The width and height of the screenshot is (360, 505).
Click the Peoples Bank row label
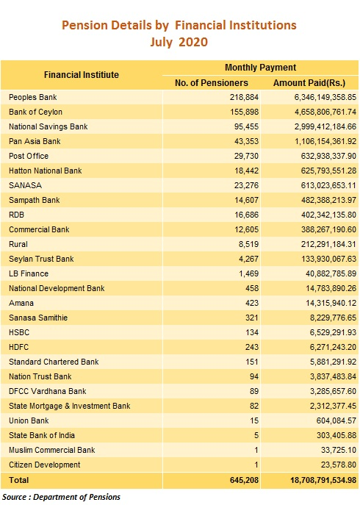click(33, 97)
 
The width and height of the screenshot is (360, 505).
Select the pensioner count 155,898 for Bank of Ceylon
click(244, 112)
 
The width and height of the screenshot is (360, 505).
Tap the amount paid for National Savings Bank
click(325, 126)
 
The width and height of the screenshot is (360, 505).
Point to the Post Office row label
click(29, 156)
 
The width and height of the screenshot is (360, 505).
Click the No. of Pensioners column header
click(212, 83)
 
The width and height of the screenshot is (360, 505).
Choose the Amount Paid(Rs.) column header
click(309, 83)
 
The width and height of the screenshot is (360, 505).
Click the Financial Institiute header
click(82, 75)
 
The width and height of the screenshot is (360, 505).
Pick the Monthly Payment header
click(260, 68)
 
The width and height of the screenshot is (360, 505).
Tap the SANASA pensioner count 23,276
click(246, 185)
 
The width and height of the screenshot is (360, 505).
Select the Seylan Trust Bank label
click(41, 259)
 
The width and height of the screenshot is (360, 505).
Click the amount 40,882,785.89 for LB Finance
click(331, 273)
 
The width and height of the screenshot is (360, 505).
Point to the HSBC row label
click(19, 332)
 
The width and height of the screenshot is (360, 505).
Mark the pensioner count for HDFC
click(252, 347)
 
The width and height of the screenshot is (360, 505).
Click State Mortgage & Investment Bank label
click(70, 406)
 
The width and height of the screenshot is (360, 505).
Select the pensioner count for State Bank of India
click(256, 435)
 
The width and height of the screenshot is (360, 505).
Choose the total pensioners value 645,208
click(244, 480)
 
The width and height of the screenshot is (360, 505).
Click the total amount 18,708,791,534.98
click(323, 480)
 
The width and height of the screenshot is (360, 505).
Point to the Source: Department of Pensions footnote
click(62, 497)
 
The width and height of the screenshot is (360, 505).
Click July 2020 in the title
click(179, 42)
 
